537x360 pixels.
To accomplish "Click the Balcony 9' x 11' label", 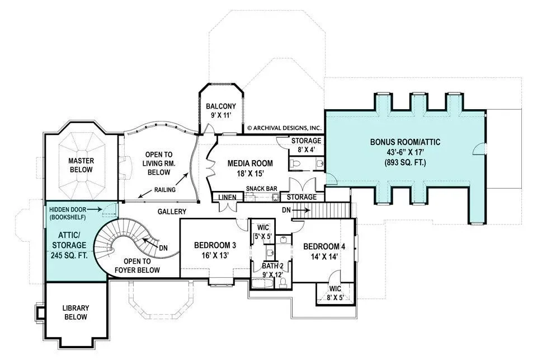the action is coord(221,111).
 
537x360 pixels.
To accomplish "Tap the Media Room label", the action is coord(251,169).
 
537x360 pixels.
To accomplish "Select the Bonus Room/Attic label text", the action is coord(405,142).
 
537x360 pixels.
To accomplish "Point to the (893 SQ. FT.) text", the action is coord(405,162).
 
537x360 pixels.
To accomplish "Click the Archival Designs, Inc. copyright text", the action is coord(284,128).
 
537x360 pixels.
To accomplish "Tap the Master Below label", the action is coord(81,165).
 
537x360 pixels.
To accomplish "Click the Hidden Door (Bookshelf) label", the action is coord(68,213).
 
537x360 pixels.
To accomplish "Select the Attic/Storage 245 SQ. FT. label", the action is coord(69,245).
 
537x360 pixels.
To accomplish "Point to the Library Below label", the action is coord(76,312).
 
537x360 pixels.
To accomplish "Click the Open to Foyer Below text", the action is coord(138,266).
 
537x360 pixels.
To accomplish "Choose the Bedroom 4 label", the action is coord(324,251).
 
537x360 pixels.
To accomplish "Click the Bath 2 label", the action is coord(272,270).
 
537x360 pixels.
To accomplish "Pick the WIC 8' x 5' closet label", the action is coord(335,293).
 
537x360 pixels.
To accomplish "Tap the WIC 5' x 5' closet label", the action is coord(263,232).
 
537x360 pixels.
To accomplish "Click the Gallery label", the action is coord(172,212).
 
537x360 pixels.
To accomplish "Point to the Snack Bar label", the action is coord(262,189).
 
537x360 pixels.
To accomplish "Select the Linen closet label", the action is coord(228,197).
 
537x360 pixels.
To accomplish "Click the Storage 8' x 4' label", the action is coord(306,145).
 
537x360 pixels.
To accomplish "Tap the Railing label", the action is coord(164,190).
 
